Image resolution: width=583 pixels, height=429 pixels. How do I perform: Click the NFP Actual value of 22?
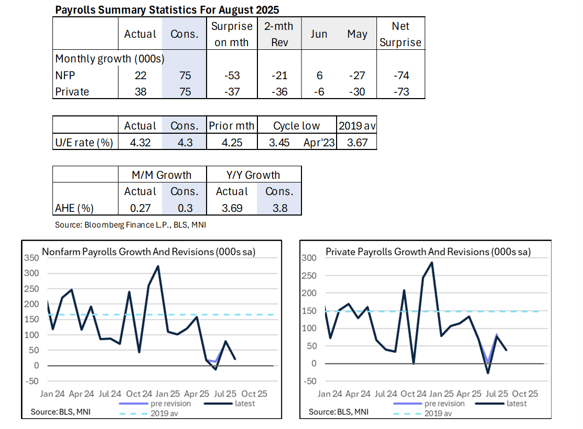point(140,76)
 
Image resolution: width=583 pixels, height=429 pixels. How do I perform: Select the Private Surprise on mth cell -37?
point(232,92)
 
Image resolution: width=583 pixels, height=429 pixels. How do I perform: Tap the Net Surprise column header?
point(401,34)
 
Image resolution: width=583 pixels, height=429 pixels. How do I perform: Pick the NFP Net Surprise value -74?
point(401,76)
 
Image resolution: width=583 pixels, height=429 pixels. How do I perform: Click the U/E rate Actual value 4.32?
point(140,142)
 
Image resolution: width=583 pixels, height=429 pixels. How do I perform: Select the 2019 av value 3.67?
point(357,142)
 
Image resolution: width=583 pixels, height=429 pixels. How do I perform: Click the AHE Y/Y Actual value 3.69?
point(232,208)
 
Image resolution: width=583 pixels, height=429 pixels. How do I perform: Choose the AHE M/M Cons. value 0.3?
point(185,208)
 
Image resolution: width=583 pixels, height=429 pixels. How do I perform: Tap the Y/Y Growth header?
point(255,175)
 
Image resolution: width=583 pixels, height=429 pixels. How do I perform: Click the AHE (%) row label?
point(74,208)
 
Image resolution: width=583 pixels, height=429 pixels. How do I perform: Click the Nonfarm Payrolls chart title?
point(148,252)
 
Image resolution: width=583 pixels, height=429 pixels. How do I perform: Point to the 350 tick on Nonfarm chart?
point(32,258)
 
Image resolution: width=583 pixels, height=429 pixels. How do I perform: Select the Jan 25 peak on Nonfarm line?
point(158,266)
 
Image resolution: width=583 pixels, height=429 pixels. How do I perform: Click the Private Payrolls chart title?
point(428,252)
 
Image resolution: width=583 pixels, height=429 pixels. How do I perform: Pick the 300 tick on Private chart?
point(309,258)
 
